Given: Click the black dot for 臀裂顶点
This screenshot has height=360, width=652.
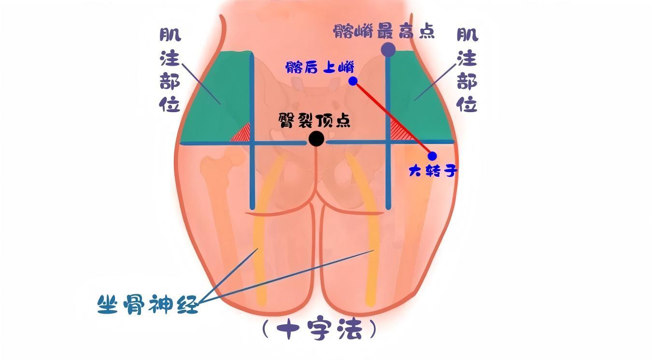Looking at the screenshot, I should [x=316, y=139].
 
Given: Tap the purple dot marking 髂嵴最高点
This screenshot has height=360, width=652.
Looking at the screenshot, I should [x=388, y=49].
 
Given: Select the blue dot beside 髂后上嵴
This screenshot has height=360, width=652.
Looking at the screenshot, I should [x=353, y=81].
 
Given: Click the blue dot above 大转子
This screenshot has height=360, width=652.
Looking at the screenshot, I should [x=432, y=156].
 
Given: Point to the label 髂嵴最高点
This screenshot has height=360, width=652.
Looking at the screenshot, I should [x=383, y=31].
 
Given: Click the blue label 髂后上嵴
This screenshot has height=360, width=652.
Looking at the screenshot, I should [x=320, y=67].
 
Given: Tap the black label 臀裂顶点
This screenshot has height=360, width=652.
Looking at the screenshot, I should [x=314, y=120].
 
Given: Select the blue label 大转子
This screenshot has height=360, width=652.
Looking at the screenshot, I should [x=433, y=170].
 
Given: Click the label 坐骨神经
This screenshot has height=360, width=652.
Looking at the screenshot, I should [x=148, y=304].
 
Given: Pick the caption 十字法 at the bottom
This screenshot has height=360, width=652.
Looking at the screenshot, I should [x=319, y=330].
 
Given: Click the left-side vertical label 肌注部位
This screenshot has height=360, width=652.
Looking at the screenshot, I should [x=170, y=70].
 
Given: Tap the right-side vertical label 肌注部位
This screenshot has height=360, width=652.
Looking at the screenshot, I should [x=467, y=70].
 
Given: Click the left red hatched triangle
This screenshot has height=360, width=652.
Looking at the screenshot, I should [x=242, y=134].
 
